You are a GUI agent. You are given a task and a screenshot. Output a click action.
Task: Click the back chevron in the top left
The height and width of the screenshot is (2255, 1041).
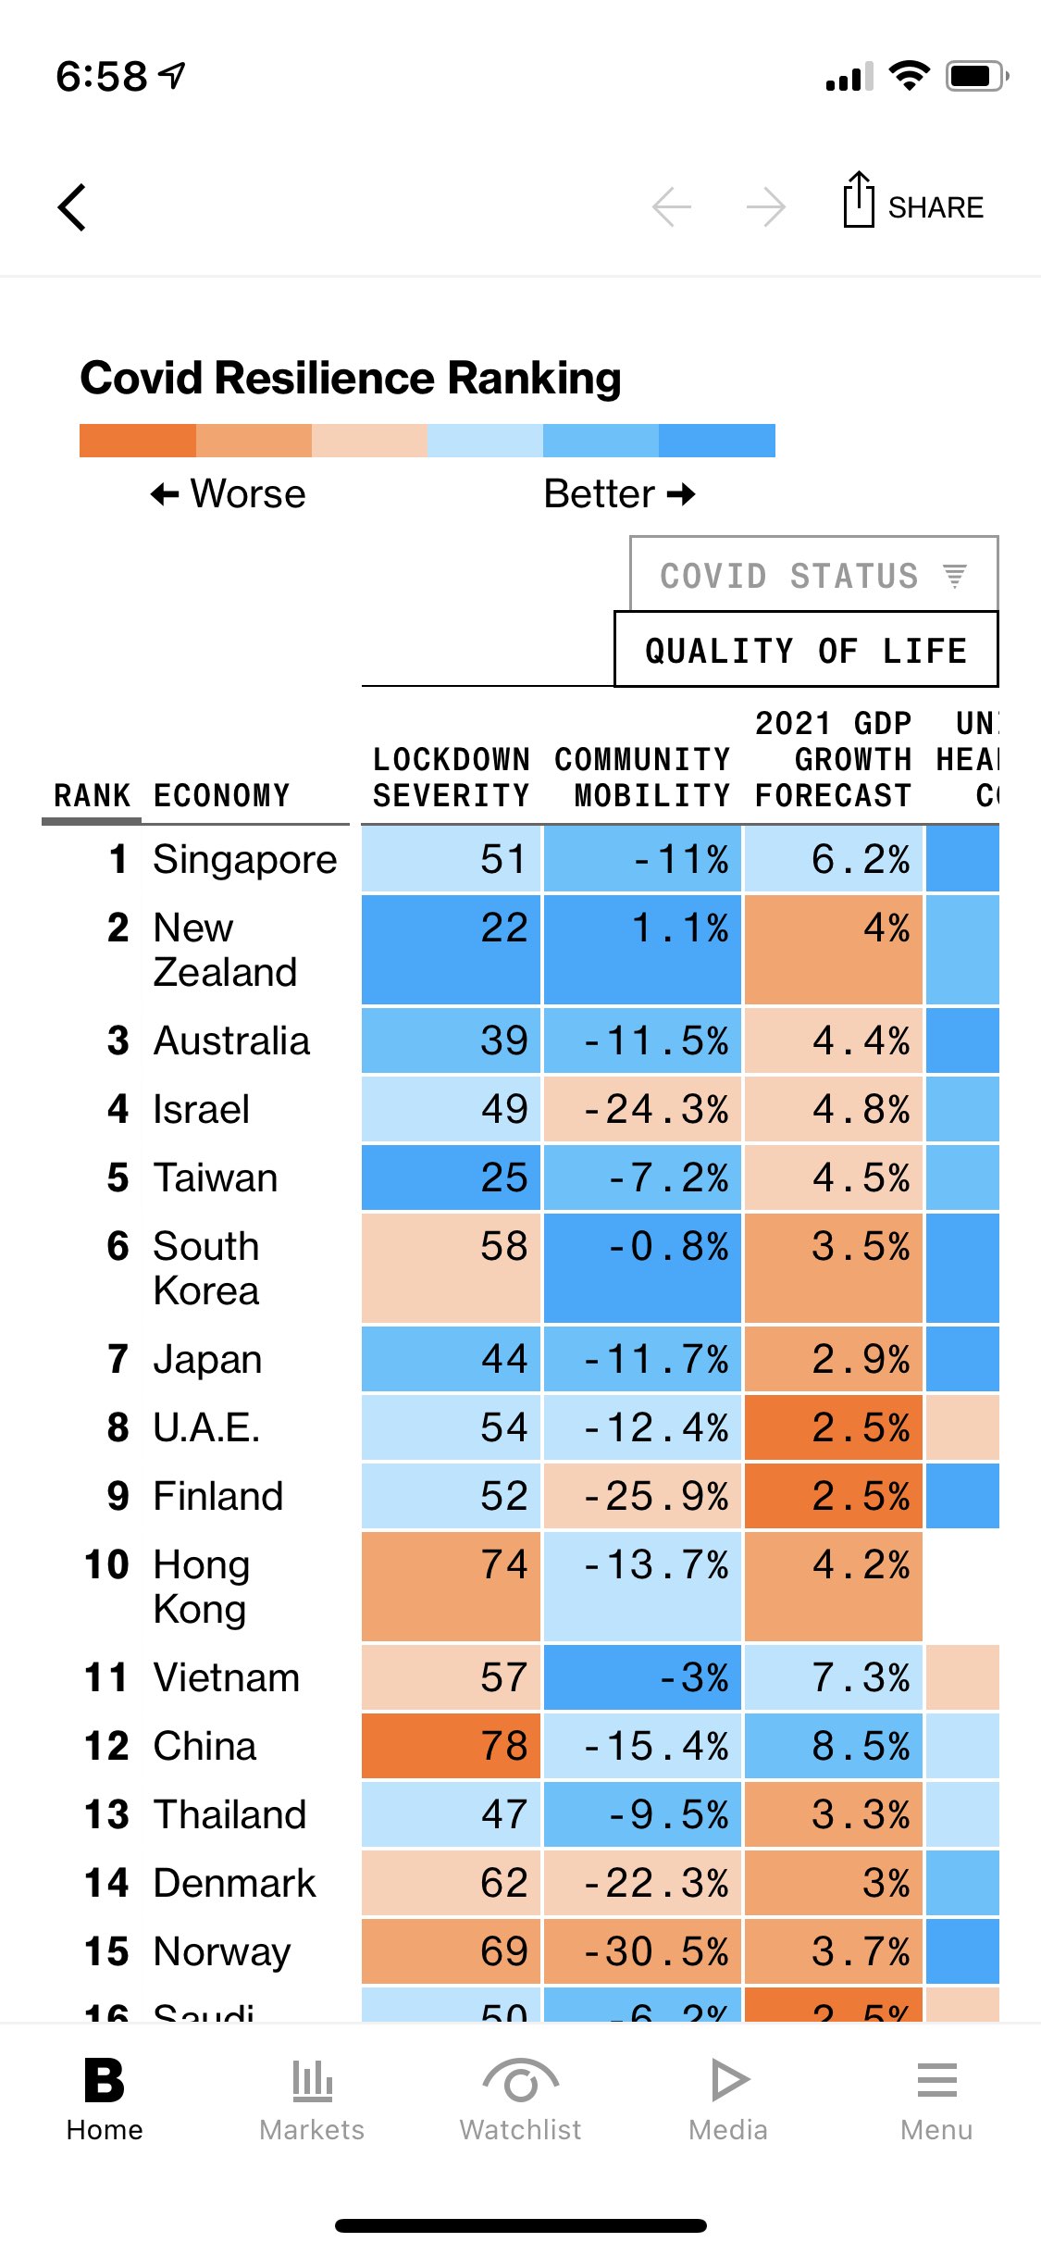click(72, 206)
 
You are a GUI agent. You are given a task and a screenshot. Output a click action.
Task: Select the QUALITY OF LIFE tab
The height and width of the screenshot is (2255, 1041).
click(806, 650)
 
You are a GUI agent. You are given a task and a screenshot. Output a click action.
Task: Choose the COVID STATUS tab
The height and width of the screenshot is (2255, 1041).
click(813, 575)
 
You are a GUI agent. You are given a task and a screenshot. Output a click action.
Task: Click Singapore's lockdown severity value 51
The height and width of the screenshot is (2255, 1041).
click(451, 859)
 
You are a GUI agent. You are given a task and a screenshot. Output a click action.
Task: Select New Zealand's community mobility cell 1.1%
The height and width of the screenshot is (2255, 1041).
click(642, 949)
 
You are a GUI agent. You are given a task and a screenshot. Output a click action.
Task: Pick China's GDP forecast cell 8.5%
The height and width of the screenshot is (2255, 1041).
click(833, 1746)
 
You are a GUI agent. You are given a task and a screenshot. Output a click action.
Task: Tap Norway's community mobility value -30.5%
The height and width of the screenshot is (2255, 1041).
click(642, 1951)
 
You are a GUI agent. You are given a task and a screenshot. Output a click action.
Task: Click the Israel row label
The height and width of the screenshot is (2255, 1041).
click(201, 1109)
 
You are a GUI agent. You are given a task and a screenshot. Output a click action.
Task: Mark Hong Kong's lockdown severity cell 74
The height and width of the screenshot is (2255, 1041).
click(451, 1586)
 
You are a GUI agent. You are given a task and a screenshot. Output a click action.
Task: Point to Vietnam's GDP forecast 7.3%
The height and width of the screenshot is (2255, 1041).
click(833, 1677)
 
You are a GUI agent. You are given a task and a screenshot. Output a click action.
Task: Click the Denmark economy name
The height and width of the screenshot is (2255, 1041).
click(234, 1883)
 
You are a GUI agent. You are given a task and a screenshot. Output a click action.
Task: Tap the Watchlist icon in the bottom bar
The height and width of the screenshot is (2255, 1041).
click(520, 2083)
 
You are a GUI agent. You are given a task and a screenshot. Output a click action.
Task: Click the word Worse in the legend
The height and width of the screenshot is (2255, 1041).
click(247, 494)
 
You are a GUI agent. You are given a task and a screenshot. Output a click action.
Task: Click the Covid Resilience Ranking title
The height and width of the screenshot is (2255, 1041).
click(351, 378)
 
